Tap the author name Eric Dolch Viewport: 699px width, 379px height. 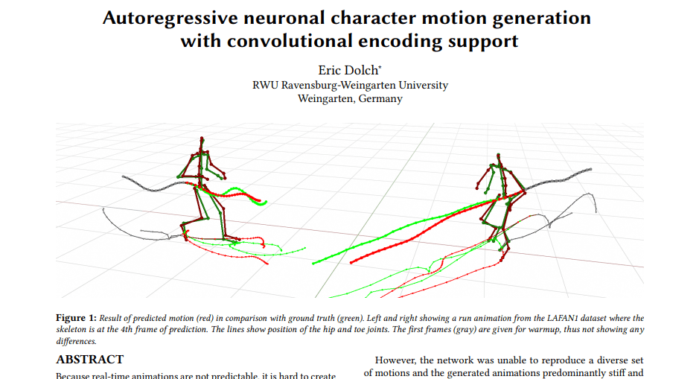coord(348,71)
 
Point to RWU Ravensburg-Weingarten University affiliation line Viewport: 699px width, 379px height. coord(350,85)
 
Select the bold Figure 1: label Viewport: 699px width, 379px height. coord(77,318)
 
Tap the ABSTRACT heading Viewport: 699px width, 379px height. coord(90,360)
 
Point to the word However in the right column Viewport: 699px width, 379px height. coord(395,360)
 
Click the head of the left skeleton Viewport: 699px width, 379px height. coord(200,141)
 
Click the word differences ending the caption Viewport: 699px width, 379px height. coord(76,340)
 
